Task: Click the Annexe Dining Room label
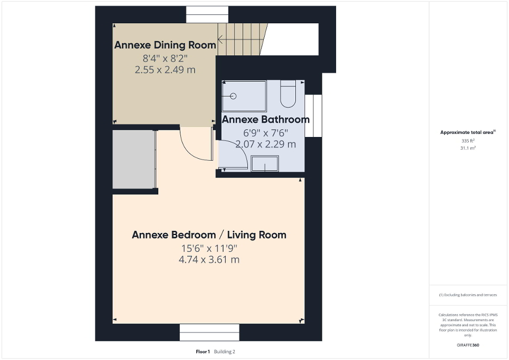pyautogui.click(x=165, y=45)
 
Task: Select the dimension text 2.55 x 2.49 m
pyautogui.click(x=166, y=69)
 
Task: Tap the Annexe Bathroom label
pyautogui.click(x=265, y=120)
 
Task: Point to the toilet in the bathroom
pyautogui.click(x=288, y=93)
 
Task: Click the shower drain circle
pyautogui.click(x=233, y=96)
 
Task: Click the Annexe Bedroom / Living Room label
pyautogui.click(x=209, y=235)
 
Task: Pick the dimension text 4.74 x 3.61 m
pyautogui.click(x=209, y=259)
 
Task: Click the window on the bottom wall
pyautogui.click(x=209, y=333)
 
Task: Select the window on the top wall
pyautogui.click(x=207, y=15)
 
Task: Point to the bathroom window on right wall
pyautogui.click(x=316, y=116)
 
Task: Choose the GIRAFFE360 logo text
pyautogui.click(x=468, y=345)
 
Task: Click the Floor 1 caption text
pyautogui.click(x=203, y=352)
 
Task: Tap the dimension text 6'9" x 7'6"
pyautogui.click(x=265, y=132)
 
